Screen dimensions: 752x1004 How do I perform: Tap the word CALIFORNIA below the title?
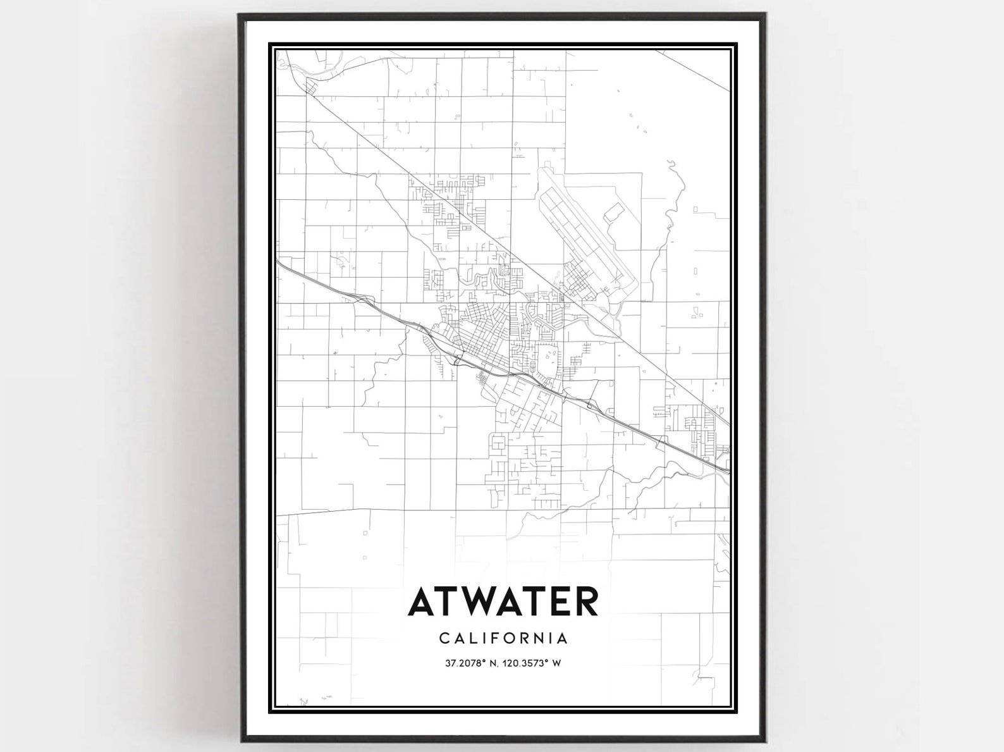(503, 638)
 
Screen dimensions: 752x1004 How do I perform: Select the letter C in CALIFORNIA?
(445, 638)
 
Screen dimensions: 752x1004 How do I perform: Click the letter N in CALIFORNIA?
(545, 638)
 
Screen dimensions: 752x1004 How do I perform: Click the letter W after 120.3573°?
(557, 663)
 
